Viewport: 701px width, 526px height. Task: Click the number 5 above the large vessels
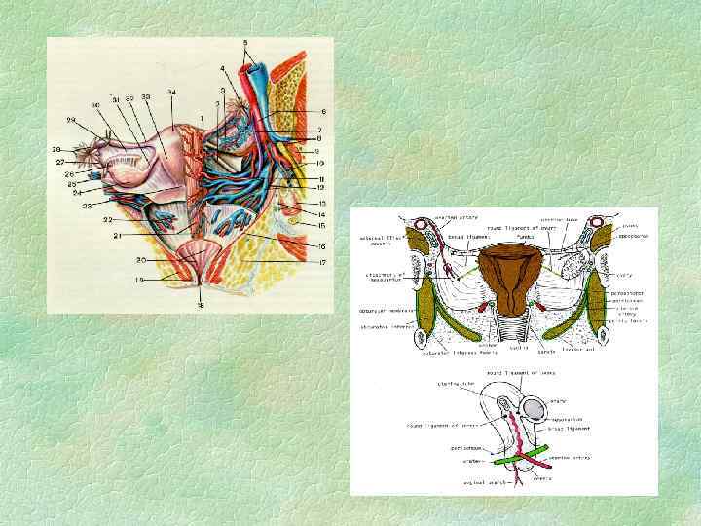(x=245, y=43)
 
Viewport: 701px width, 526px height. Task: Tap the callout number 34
(x=172, y=93)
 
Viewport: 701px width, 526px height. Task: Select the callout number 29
(x=70, y=120)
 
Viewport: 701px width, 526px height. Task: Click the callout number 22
(x=110, y=220)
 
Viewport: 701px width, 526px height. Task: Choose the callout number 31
(x=115, y=99)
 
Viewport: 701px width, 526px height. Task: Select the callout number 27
(x=59, y=162)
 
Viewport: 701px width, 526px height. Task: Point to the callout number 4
(x=222, y=69)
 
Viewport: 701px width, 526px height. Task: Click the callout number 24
(x=76, y=193)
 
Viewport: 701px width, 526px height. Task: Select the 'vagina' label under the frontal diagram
(x=516, y=347)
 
